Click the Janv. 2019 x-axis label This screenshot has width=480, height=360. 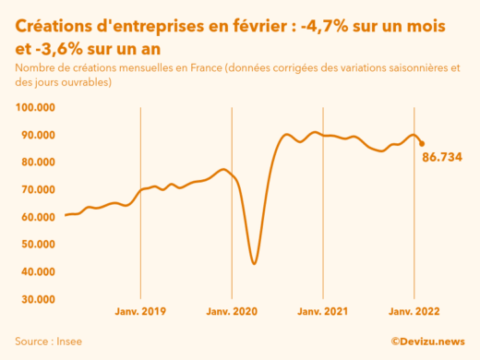[x=140, y=313]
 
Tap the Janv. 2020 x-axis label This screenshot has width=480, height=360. [x=232, y=313]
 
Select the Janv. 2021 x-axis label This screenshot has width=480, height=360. [x=323, y=313]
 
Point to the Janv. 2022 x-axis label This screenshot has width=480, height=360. [x=414, y=313]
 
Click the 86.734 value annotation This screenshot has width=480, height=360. [x=442, y=157]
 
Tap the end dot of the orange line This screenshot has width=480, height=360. [x=422, y=143]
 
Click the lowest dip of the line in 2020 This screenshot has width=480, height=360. [x=254, y=264]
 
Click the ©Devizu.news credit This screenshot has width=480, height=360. [x=427, y=341]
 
